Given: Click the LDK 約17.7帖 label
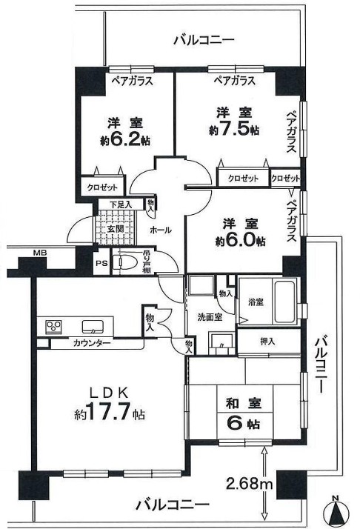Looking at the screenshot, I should point(107,405).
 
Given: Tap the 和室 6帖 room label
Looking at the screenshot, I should point(242,414).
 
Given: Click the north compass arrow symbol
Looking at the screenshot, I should point(337,511).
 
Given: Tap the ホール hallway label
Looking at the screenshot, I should point(161,230).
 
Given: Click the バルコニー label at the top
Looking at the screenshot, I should point(204,39).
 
